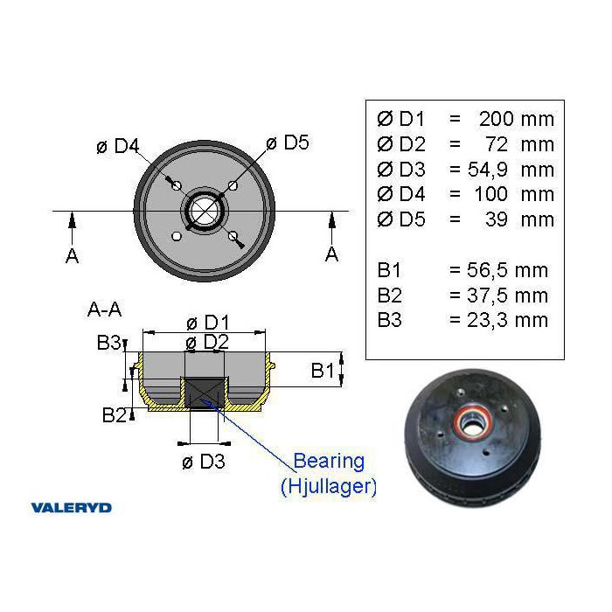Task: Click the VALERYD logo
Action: tap(72, 508)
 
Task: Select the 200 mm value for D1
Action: tap(517, 119)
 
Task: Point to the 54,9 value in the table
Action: tap(488, 170)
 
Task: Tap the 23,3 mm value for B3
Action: tap(507, 320)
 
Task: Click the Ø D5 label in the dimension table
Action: tap(401, 219)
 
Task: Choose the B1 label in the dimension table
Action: tap(389, 270)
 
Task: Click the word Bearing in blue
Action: tap(329, 461)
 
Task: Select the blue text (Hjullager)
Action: tap(329, 486)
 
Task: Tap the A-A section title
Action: tap(104, 309)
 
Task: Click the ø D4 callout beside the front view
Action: tap(118, 146)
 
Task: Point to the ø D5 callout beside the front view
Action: tap(288, 143)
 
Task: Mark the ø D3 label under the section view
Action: tap(204, 462)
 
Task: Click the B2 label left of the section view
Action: tap(115, 415)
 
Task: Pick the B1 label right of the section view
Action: tap(323, 370)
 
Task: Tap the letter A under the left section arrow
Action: tap(73, 256)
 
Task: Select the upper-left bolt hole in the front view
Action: tap(177, 185)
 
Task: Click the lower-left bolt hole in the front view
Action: tap(177, 236)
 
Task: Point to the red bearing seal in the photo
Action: tap(473, 421)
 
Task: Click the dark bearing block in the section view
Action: tap(204, 393)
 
